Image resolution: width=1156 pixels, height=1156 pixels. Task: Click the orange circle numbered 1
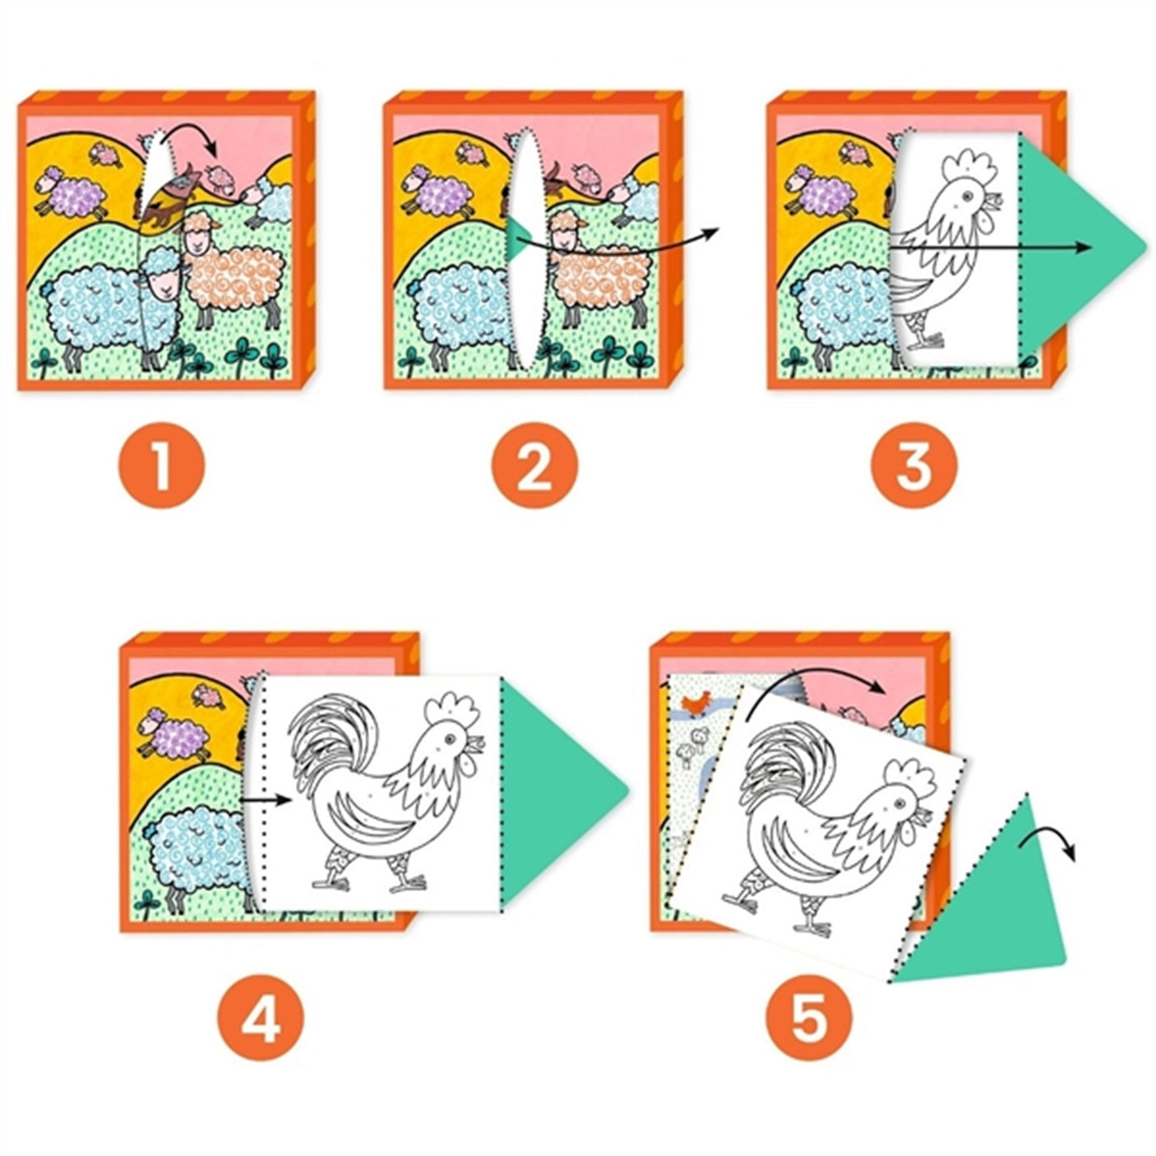161,465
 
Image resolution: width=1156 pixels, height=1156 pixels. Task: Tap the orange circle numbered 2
534,465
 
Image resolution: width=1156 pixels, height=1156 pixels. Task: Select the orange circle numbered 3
914,465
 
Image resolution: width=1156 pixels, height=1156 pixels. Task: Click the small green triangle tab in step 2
515,238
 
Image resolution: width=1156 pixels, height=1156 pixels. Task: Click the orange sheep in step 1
222,271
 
